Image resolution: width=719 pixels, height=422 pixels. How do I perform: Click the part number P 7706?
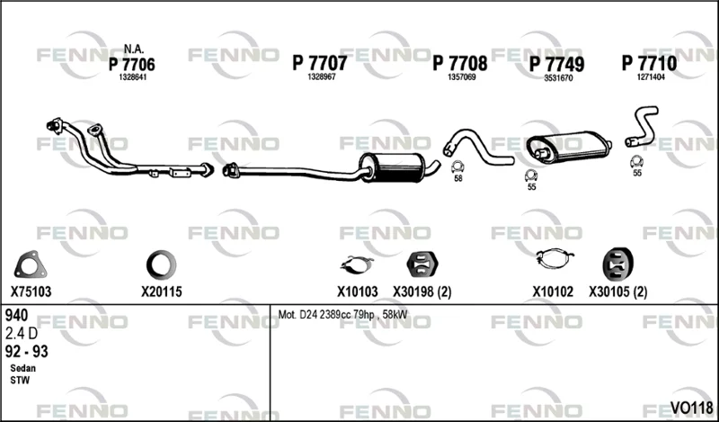click(x=131, y=64)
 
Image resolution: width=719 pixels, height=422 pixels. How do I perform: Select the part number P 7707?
click(x=320, y=63)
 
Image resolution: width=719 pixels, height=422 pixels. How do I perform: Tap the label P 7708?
click(x=460, y=63)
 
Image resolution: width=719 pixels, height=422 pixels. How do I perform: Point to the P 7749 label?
click(x=556, y=64)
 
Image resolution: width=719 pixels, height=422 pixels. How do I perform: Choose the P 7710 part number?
click(x=649, y=63)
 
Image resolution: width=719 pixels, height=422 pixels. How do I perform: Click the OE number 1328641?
click(x=132, y=77)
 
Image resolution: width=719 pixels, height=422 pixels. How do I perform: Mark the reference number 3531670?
click(x=558, y=78)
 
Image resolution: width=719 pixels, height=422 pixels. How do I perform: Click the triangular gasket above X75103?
click(x=31, y=265)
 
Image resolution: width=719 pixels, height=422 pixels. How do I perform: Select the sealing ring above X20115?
click(x=161, y=265)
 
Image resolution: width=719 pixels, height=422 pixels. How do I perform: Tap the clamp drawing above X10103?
click(x=356, y=265)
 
